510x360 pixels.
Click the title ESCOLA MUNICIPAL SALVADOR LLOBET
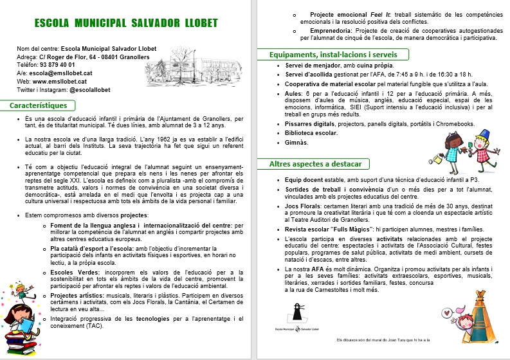point(126,24)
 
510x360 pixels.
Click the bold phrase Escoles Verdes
point(73,272)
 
